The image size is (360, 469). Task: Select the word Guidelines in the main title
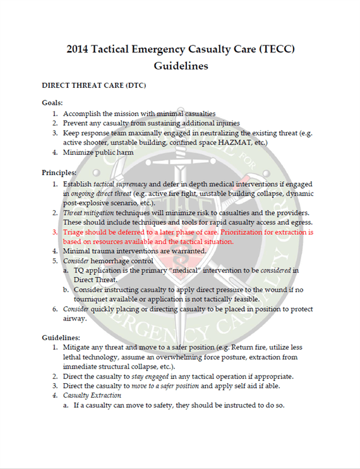pos(181,66)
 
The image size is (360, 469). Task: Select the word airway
pos(75,318)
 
